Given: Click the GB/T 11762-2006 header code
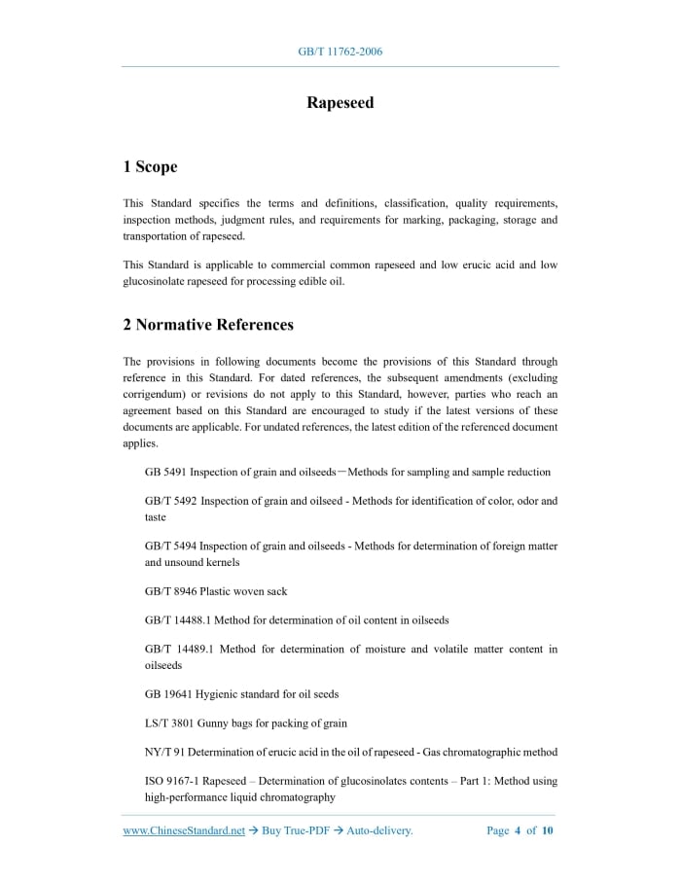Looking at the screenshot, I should point(340,52).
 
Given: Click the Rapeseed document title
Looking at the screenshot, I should point(340,103).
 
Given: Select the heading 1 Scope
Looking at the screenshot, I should point(150,167).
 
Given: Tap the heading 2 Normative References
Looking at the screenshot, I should point(208,325).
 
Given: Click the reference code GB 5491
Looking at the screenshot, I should point(164,473).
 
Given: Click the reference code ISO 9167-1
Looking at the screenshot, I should point(174,782).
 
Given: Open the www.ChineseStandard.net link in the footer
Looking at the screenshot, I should point(184,831).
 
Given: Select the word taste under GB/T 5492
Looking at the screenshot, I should point(156,517).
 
